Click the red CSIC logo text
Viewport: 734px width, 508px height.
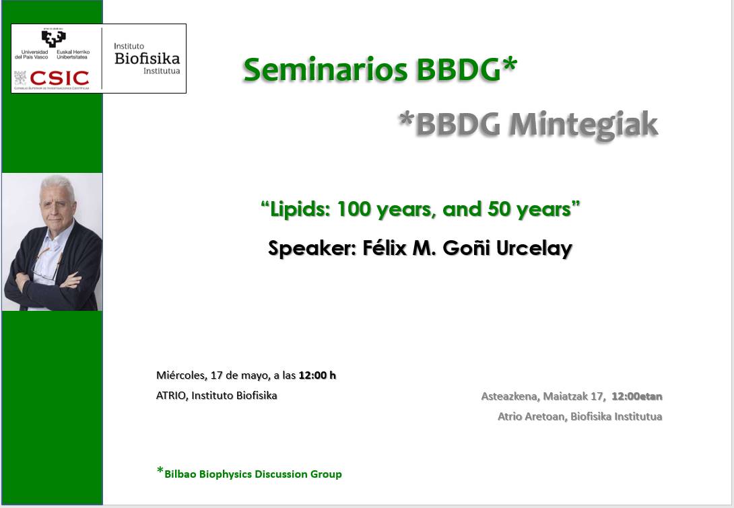coord(59,78)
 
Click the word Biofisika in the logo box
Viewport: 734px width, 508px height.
coord(147,59)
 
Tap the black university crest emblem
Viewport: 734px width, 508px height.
coord(53,38)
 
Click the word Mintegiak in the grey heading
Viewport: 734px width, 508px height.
coord(583,125)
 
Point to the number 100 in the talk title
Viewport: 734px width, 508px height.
coord(354,209)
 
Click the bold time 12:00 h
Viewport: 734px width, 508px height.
coord(317,375)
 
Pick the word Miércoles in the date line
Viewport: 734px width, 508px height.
coord(181,375)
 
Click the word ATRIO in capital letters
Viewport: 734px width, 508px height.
coord(172,395)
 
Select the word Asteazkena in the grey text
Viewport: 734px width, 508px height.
coord(509,397)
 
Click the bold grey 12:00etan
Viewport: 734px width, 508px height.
coord(637,396)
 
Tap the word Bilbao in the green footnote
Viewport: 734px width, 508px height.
coord(180,474)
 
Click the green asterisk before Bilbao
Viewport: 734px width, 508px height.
coord(160,471)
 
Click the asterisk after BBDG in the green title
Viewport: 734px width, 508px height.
coord(510,65)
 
